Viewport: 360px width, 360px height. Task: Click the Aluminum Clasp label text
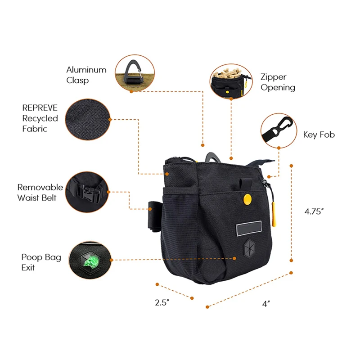86,75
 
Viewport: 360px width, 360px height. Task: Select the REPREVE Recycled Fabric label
40,118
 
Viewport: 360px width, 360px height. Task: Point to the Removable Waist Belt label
40,192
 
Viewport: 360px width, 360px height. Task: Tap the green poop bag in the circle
89,261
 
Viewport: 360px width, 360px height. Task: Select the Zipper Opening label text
278,82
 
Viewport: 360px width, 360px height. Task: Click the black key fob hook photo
278,130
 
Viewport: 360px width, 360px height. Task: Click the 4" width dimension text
265,304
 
